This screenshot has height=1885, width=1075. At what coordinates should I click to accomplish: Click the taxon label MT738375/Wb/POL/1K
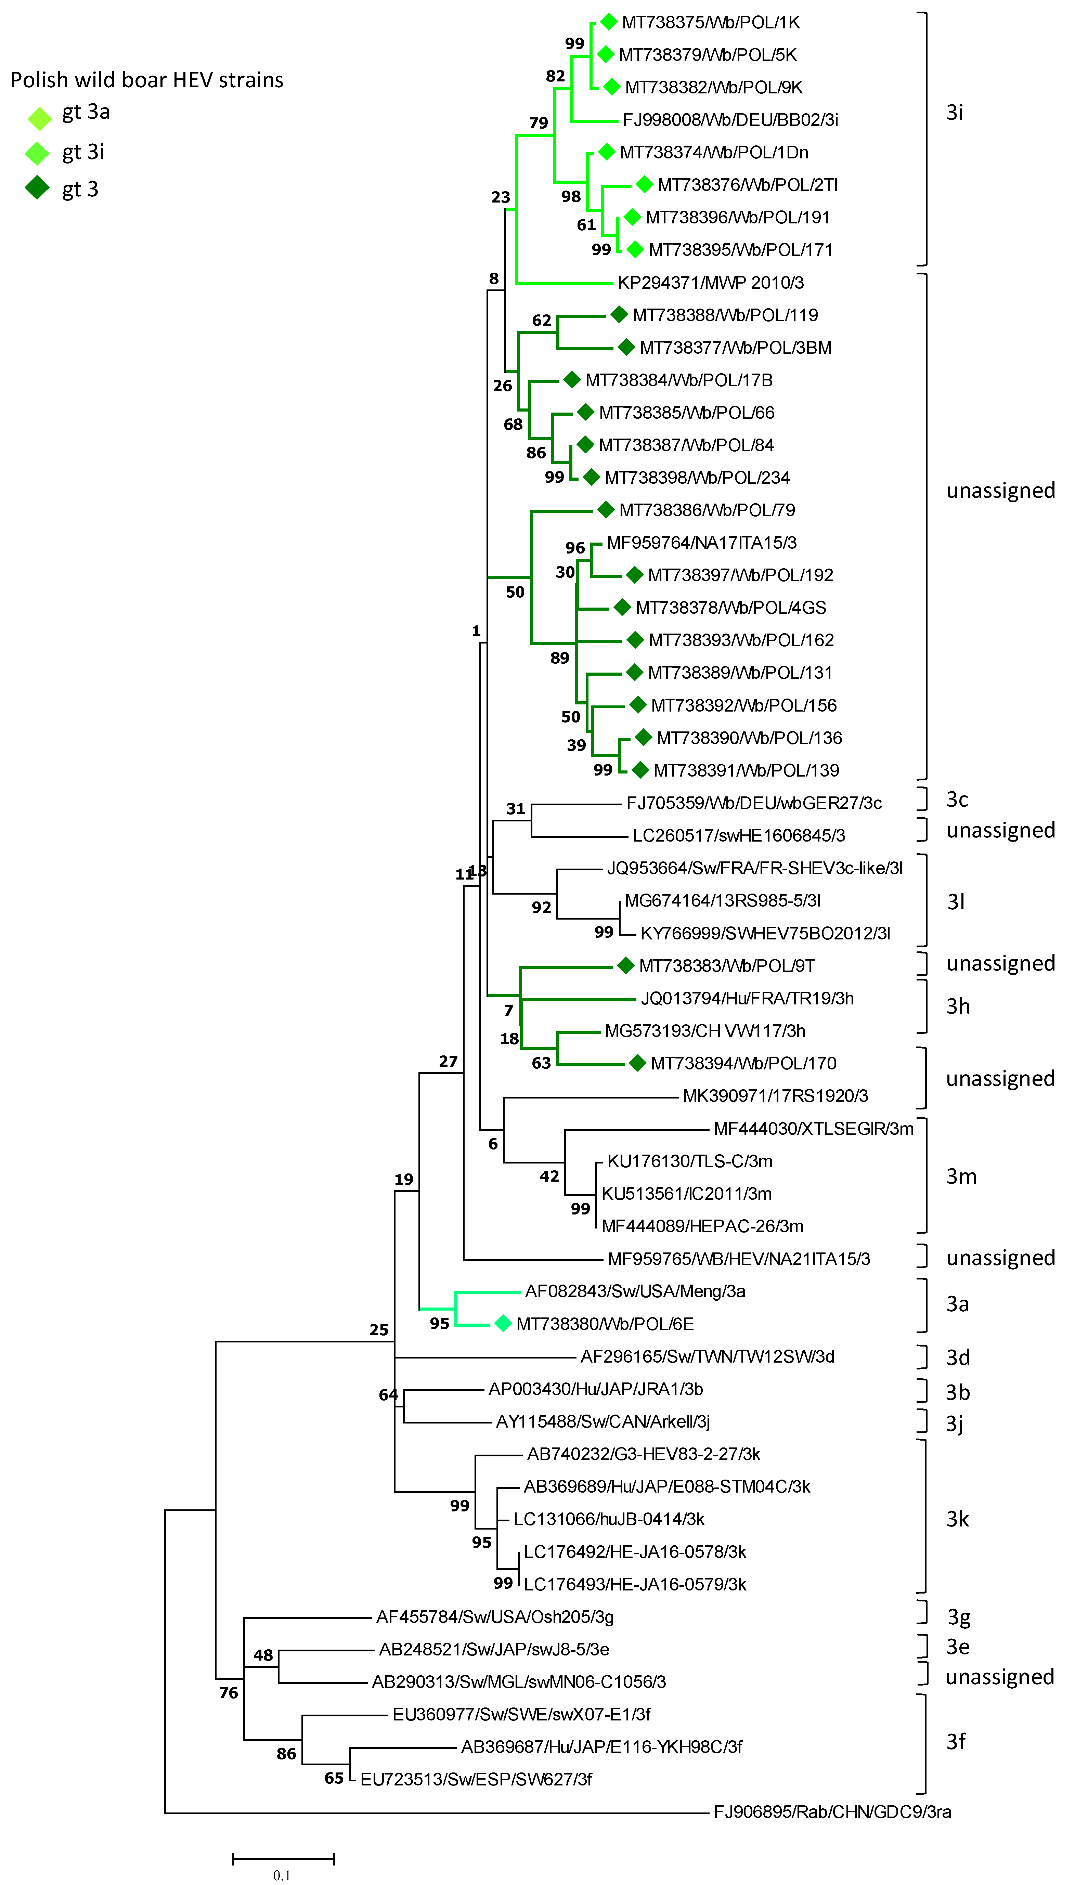click(710, 22)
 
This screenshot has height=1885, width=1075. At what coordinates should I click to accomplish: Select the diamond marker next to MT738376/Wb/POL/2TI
click(644, 184)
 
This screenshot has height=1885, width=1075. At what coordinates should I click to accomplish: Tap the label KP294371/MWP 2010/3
click(710, 283)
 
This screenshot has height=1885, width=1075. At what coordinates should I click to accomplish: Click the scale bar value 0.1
click(281, 1875)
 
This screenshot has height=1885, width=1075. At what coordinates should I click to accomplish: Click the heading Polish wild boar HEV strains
click(147, 80)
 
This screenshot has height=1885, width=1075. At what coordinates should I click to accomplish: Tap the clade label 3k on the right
click(958, 1519)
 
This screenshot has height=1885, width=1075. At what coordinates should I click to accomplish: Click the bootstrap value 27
click(448, 1061)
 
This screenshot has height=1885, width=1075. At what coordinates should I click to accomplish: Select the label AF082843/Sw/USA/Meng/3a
click(635, 1291)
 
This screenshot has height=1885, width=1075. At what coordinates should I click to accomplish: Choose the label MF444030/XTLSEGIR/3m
click(813, 1129)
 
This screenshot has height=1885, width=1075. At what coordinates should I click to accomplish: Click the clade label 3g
click(958, 1617)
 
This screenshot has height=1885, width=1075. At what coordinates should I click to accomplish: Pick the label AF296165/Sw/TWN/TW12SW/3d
click(707, 1356)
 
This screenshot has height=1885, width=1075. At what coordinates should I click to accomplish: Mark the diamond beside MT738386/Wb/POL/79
click(606, 509)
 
